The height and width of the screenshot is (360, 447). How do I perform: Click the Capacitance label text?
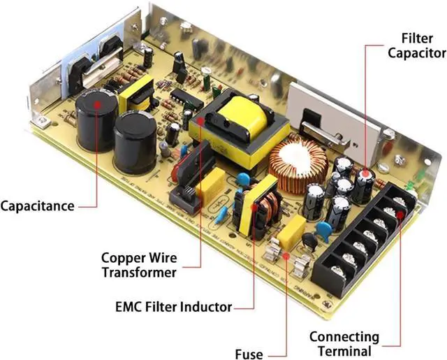[37, 206]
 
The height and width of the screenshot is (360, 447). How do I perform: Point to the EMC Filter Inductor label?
[174, 305]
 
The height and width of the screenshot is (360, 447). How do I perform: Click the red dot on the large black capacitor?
[96, 103]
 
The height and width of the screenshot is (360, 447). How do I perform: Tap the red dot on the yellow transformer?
[200, 120]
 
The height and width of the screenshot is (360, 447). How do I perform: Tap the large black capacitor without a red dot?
[135, 140]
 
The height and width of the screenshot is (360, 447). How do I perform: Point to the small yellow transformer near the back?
[138, 94]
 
